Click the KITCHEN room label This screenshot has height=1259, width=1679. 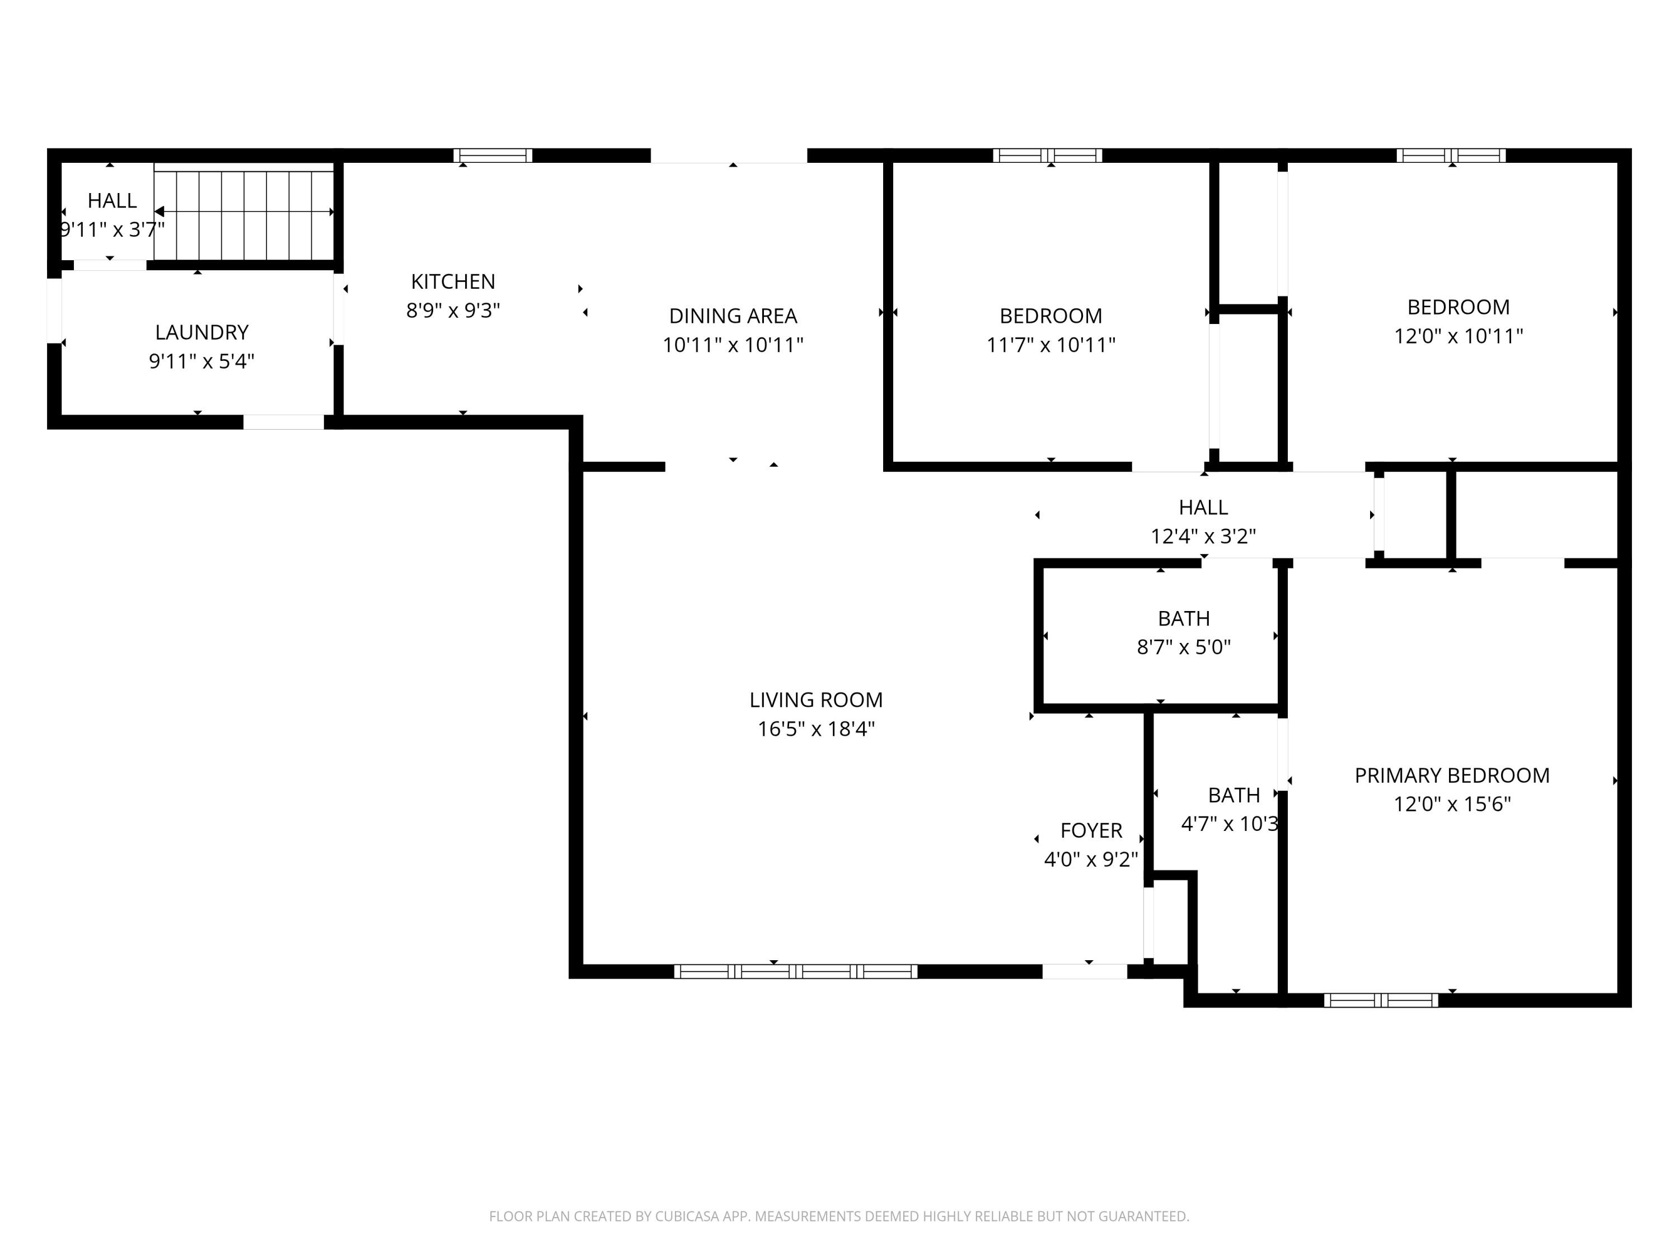(x=453, y=281)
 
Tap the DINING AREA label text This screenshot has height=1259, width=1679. (x=733, y=316)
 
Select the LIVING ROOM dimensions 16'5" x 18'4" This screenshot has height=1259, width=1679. (x=816, y=729)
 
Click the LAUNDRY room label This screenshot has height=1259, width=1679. (x=202, y=332)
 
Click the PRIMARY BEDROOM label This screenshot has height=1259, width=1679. (x=1451, y=776)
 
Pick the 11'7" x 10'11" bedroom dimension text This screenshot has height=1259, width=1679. (x=1050, y=345)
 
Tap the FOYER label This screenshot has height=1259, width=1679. (x=1091, y=831)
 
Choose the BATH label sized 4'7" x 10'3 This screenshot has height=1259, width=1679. (x=1234, y=795)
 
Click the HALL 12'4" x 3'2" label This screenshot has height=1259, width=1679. (x=1203, y=508)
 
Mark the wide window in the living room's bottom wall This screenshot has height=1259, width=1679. (x=795, y=971)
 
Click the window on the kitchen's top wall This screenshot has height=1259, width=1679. (x=493, y=156)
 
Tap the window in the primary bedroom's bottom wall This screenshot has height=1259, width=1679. (x=1381, y=1000)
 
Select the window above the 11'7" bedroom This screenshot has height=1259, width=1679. (x=1048, y=156)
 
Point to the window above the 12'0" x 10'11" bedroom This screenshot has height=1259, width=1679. (x=1451, y=156)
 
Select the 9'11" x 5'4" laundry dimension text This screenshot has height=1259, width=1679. (x=202, y=361)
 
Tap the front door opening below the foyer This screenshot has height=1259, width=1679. (x=1084, y=971)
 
